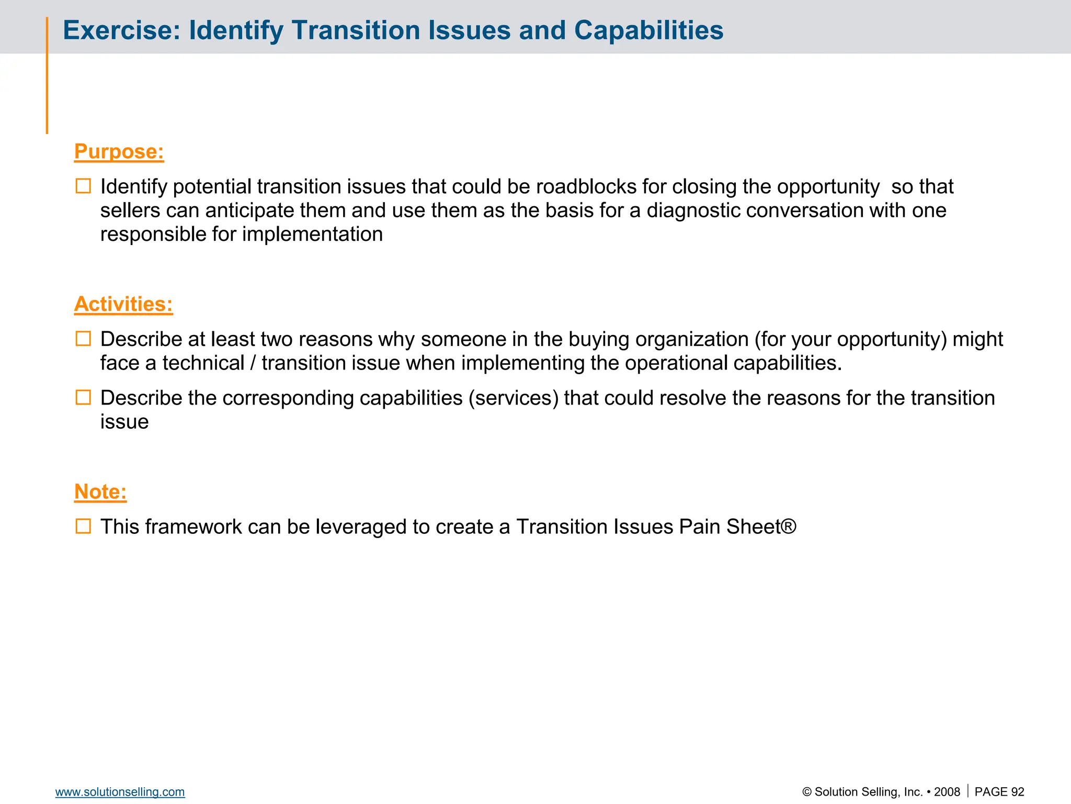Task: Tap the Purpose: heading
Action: (119, 152)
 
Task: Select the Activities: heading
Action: (123, 305)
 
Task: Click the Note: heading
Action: (100, 492)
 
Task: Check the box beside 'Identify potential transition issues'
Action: (83, 186)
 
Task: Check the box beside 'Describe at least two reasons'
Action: (83, 339)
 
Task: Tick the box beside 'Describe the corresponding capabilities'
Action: (83, 398)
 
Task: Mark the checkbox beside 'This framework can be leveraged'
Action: (83, 527)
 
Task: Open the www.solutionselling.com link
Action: (120, 792)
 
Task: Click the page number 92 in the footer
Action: (1017, 792)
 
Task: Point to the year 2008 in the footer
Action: (947, 792)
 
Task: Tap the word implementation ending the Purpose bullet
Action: (312, 234)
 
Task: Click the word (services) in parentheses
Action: (514, 398)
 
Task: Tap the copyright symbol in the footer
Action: (807, 792)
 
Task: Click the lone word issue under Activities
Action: (124, 422)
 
